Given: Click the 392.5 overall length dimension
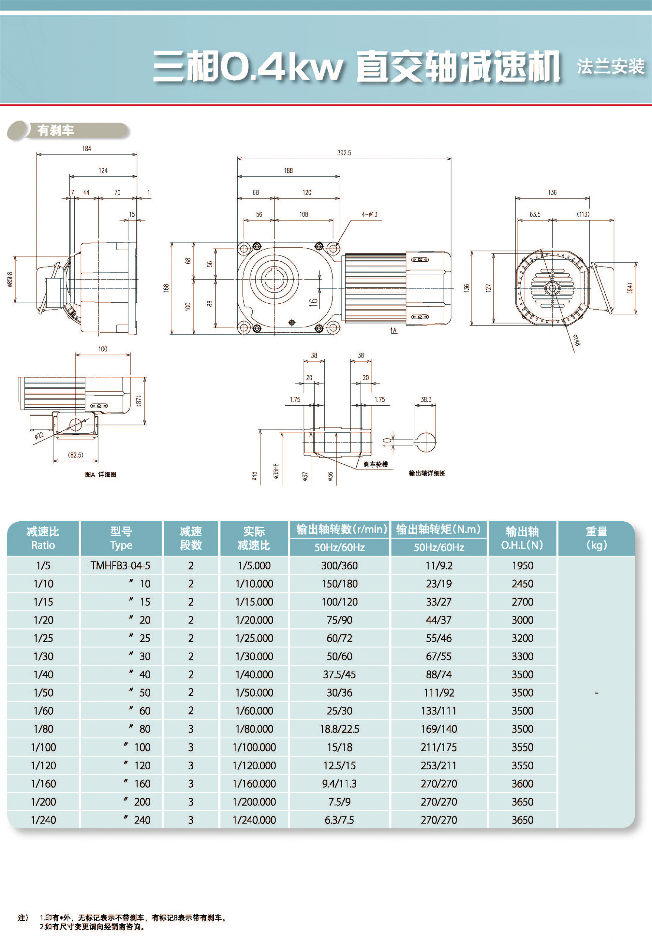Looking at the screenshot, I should pos(344,153).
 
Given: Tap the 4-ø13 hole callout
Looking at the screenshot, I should pos(369,214).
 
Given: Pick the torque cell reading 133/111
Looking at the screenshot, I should pos(438,711).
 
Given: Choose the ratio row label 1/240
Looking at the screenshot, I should pos(43,820).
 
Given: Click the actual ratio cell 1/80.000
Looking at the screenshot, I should pos(254,729).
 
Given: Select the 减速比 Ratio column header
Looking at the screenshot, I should pos(43,538).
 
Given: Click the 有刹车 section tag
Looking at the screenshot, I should pos(55,131).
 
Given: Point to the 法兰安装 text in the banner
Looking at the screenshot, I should pos(610,66).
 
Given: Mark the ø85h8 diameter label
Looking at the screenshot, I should pos(10,279).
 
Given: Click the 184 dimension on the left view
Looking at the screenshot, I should pos(87,149).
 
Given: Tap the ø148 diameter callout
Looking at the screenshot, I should pos(576,340).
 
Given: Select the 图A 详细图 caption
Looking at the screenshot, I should pos(100,474).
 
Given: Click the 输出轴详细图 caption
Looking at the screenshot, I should pos(427,473).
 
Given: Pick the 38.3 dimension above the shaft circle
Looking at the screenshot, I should pos(426,400).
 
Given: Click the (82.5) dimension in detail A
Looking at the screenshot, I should pos(76,455).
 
